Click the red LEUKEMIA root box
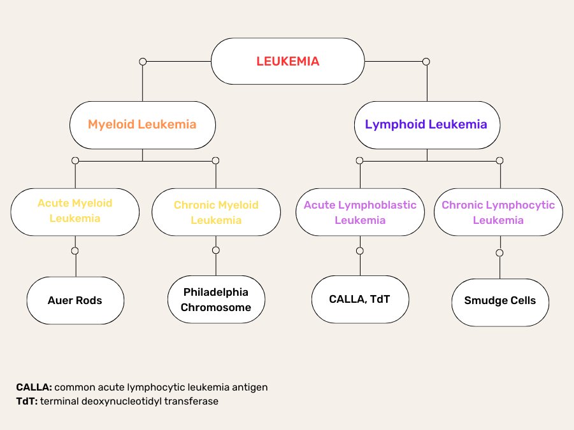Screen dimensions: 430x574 [x=287, y=61]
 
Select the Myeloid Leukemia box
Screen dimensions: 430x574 [x=142, y=125]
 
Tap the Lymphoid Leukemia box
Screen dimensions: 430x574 [x=426, y=125]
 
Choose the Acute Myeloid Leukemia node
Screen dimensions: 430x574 [x=75, y=211]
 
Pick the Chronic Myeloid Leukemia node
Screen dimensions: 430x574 [x=216, y=212]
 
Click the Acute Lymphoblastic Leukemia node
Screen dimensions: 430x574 [x=360, y=212]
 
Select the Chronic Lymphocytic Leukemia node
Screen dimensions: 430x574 [x=498, y=212]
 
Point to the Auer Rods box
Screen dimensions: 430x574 [x=75, y=300]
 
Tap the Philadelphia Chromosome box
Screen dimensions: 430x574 [x=216, y=300]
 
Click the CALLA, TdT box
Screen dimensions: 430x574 [x=360, y=299]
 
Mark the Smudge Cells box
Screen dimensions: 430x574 [x=500, y=301]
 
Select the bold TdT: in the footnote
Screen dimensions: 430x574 [x=27, y=401]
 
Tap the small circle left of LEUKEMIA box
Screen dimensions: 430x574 [x=143, y=62]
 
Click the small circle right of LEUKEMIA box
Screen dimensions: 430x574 [x=426, y=62]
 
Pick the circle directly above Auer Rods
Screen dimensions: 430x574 [x=75, y=251]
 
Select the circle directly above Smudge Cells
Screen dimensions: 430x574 [x=499, y=253]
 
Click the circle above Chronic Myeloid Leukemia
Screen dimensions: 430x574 [x=215, y=160]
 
